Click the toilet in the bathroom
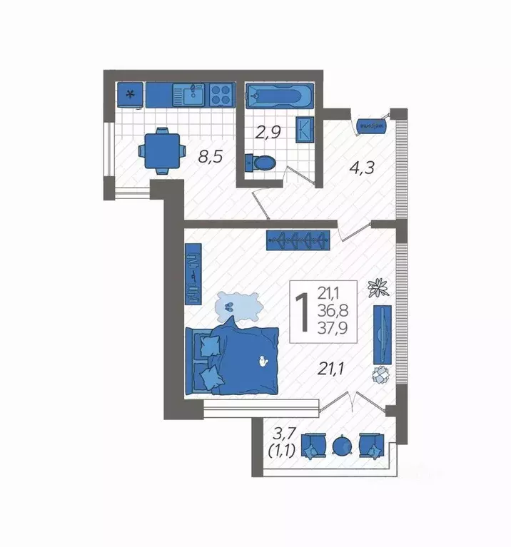(x=260, y=163)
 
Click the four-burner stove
(x=221, y=94)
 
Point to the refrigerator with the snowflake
(x=130, y=95)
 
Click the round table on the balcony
(x=343, y=446)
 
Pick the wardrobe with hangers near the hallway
(x=299, y=240)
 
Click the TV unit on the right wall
(x=383, y=334)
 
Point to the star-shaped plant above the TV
(x=378, y=287)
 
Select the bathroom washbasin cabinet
(x=305, y=129)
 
